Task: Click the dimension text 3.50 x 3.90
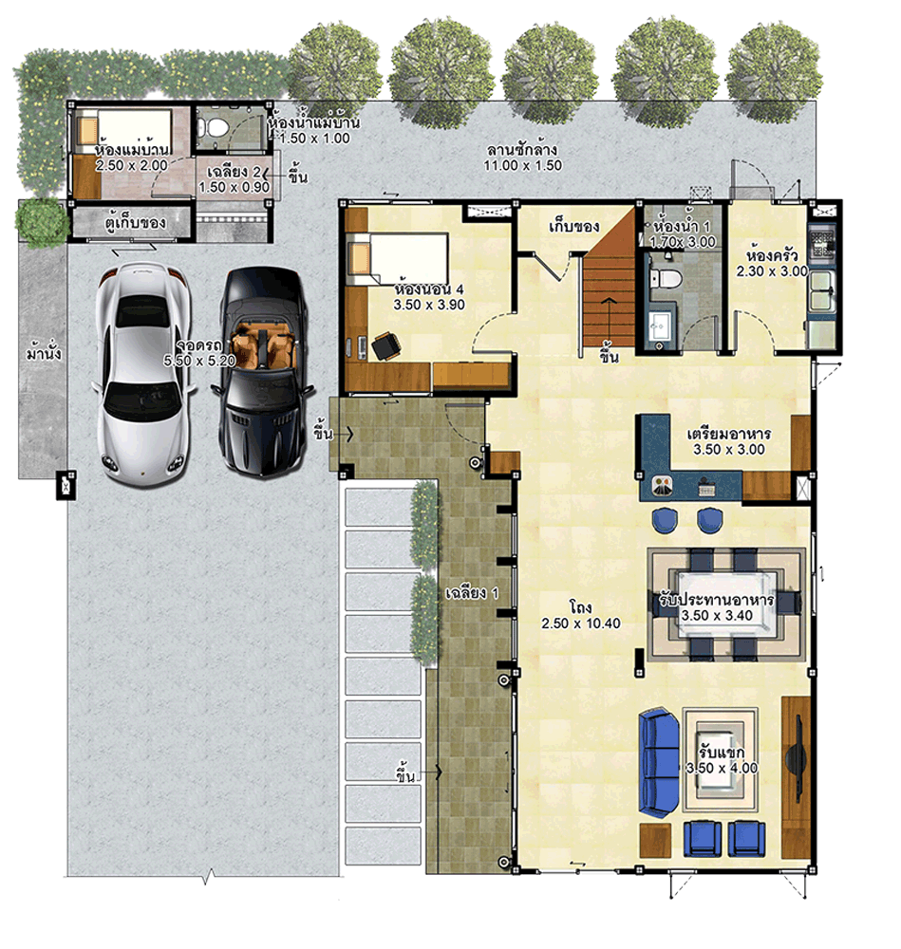[x=430, y=306]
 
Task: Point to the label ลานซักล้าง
[x=522, y=150]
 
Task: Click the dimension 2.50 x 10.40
[x=581, y=623]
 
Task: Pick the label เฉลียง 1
[x=472, y=594]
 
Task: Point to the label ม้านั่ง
[x=44, y=355]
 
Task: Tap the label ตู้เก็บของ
[x=136, y=224]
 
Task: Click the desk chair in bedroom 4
[x=385, y=347]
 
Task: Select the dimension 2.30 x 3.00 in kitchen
[x=772, y=271]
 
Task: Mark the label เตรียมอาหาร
[x=728, y=434]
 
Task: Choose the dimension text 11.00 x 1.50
[x=523, y=165]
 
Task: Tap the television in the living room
[x=796, y=756]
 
